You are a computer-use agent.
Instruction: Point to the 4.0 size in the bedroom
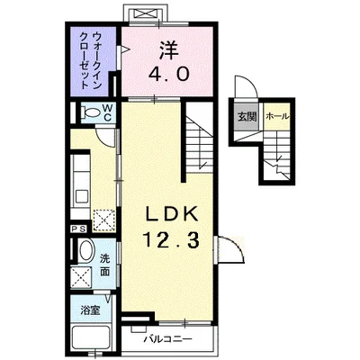coord(169,75)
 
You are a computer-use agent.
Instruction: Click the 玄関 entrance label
coord(247,116)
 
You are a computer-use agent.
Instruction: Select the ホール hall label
coord(276,116)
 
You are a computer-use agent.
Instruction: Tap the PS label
coord(77,230)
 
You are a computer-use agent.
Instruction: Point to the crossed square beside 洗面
coord(84,276)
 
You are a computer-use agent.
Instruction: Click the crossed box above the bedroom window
coord(146,13)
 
